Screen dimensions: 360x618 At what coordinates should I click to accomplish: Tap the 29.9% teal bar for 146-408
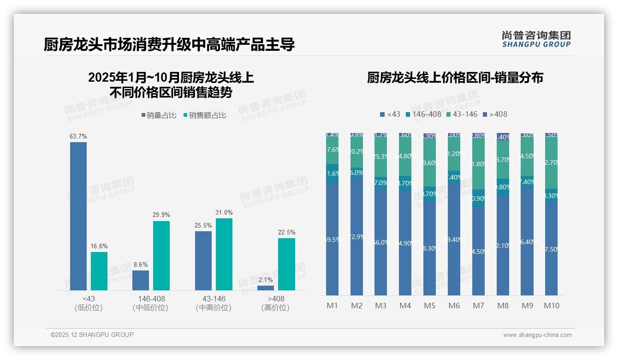point(161,256)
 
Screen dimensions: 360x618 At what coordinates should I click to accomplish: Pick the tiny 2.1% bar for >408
point(265,288)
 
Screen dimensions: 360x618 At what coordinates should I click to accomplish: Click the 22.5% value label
point(286,232)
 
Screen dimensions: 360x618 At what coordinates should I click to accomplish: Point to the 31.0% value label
point(224,213)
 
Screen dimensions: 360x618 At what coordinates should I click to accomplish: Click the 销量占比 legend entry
point(159,115)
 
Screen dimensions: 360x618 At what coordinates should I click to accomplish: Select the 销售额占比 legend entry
point(205,115)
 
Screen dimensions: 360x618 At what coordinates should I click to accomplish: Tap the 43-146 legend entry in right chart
point(462,114)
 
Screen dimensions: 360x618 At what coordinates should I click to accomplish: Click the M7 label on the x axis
point(478,306)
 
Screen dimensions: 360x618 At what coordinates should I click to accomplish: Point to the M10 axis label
point(551,306)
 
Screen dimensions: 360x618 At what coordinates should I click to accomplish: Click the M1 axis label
point(332,306)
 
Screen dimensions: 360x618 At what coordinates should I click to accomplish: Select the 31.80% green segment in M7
point(478,163)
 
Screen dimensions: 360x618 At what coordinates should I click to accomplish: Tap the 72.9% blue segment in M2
point(357,237)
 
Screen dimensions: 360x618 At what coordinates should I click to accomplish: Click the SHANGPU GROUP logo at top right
point(536,39)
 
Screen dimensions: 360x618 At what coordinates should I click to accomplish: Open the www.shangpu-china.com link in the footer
point(537,335)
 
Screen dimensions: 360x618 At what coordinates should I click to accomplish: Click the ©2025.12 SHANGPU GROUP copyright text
point(92,335)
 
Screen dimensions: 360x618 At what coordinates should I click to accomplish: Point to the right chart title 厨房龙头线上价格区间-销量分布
point(455,78)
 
